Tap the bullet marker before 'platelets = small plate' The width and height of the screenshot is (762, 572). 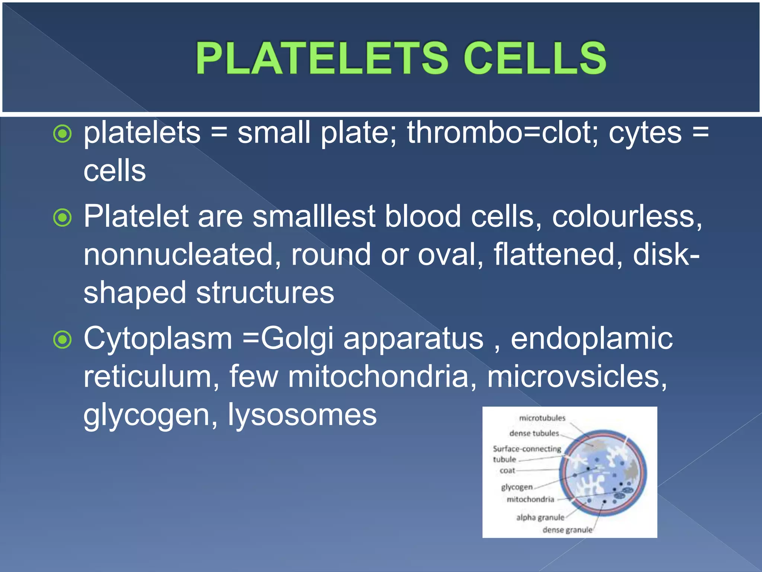click(62, 134)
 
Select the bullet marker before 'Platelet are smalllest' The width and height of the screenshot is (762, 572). click(62, 217)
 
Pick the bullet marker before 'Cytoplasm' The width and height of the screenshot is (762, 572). click(62, 339)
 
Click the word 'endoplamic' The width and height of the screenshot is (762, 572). click(592, 339)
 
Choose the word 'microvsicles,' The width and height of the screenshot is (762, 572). click(577, 377)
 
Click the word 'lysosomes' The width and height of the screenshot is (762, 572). click(302, 415)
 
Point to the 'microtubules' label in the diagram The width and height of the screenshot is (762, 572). click(542, 418)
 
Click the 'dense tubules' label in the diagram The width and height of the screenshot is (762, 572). click(534, 433)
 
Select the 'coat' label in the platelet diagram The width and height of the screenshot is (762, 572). click(507, 471)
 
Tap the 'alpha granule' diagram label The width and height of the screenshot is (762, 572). click(540, 518)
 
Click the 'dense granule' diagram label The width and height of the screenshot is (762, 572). click(567, 530)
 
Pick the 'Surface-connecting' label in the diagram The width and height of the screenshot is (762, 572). click(527, 449)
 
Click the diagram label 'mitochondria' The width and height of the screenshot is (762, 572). click(530, 499)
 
